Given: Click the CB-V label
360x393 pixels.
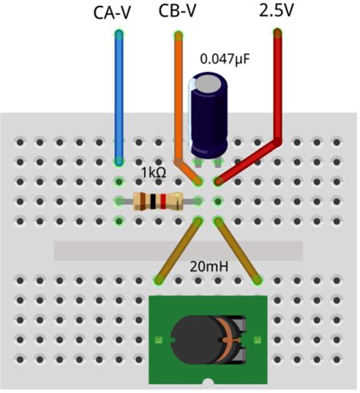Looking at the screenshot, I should coord(180,11).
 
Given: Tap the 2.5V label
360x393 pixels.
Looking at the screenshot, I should coord(276,11).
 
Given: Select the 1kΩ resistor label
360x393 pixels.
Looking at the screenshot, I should coord(154,173).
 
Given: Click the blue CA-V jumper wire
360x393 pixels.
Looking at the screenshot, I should coord(118,99).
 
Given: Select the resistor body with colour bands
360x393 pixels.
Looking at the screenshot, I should coord(156,201).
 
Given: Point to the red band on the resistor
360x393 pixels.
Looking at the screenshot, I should coord(162,201).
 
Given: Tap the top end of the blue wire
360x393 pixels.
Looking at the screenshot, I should coord(118,34).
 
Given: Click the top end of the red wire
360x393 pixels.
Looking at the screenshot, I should coord(278,33).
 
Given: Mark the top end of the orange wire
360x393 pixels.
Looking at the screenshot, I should coord(179,34).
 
